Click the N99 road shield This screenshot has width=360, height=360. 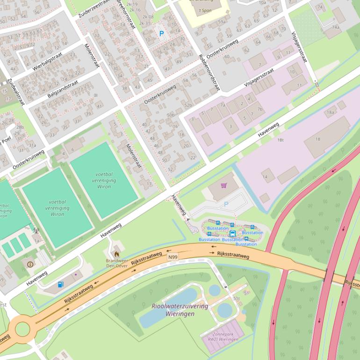point(173,257)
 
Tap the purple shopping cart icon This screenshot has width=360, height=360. point(223,186)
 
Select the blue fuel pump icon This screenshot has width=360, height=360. point(60,284)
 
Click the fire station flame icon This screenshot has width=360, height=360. point(116,254)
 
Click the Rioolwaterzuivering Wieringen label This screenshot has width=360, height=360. point(173,310)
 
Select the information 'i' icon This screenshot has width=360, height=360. point(30,264)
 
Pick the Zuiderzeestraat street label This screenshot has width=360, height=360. point(94,8)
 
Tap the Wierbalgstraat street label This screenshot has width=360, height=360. point(48,62)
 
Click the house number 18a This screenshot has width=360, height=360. point(331,112)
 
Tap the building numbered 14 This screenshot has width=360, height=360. point(265,177)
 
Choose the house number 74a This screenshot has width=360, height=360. point(336,27)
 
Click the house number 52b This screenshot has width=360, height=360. point(188,105)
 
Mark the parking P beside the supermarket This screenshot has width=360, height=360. point(226,204)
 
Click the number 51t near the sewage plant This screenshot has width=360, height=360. point(236,298)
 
